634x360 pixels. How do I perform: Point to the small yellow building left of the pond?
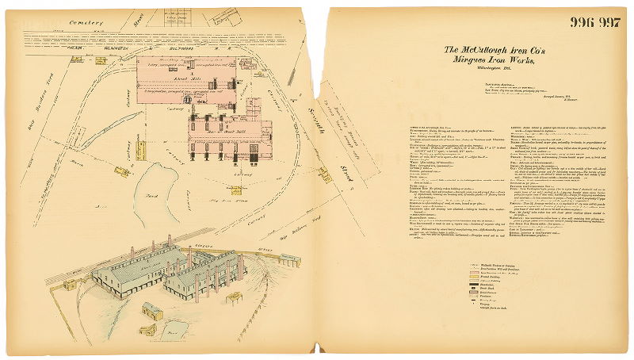click(122, 170)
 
